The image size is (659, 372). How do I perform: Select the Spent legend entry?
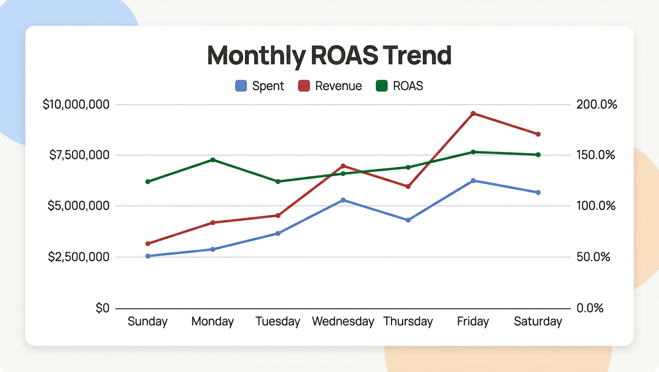260,86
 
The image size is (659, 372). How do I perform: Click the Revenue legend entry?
330,86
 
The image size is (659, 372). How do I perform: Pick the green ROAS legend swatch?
382,86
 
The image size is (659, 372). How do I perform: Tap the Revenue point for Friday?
473,113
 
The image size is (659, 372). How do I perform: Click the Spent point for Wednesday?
343,200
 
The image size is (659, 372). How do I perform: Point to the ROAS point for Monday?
213,160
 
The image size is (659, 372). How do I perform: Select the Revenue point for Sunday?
148,244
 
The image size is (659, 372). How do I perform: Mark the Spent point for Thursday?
408,220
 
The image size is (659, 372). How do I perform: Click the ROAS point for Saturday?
538,155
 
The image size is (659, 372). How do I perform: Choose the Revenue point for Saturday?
538,134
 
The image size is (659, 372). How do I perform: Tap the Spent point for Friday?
473,181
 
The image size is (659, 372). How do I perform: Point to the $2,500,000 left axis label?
78,257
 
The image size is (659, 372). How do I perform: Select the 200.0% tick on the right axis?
596,105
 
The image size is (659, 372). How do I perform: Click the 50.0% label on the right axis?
593,257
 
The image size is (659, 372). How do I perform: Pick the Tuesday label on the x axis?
278,322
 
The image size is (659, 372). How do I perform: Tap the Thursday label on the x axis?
408,322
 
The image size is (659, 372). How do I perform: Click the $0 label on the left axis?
102,309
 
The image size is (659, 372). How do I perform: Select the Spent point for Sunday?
148,256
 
